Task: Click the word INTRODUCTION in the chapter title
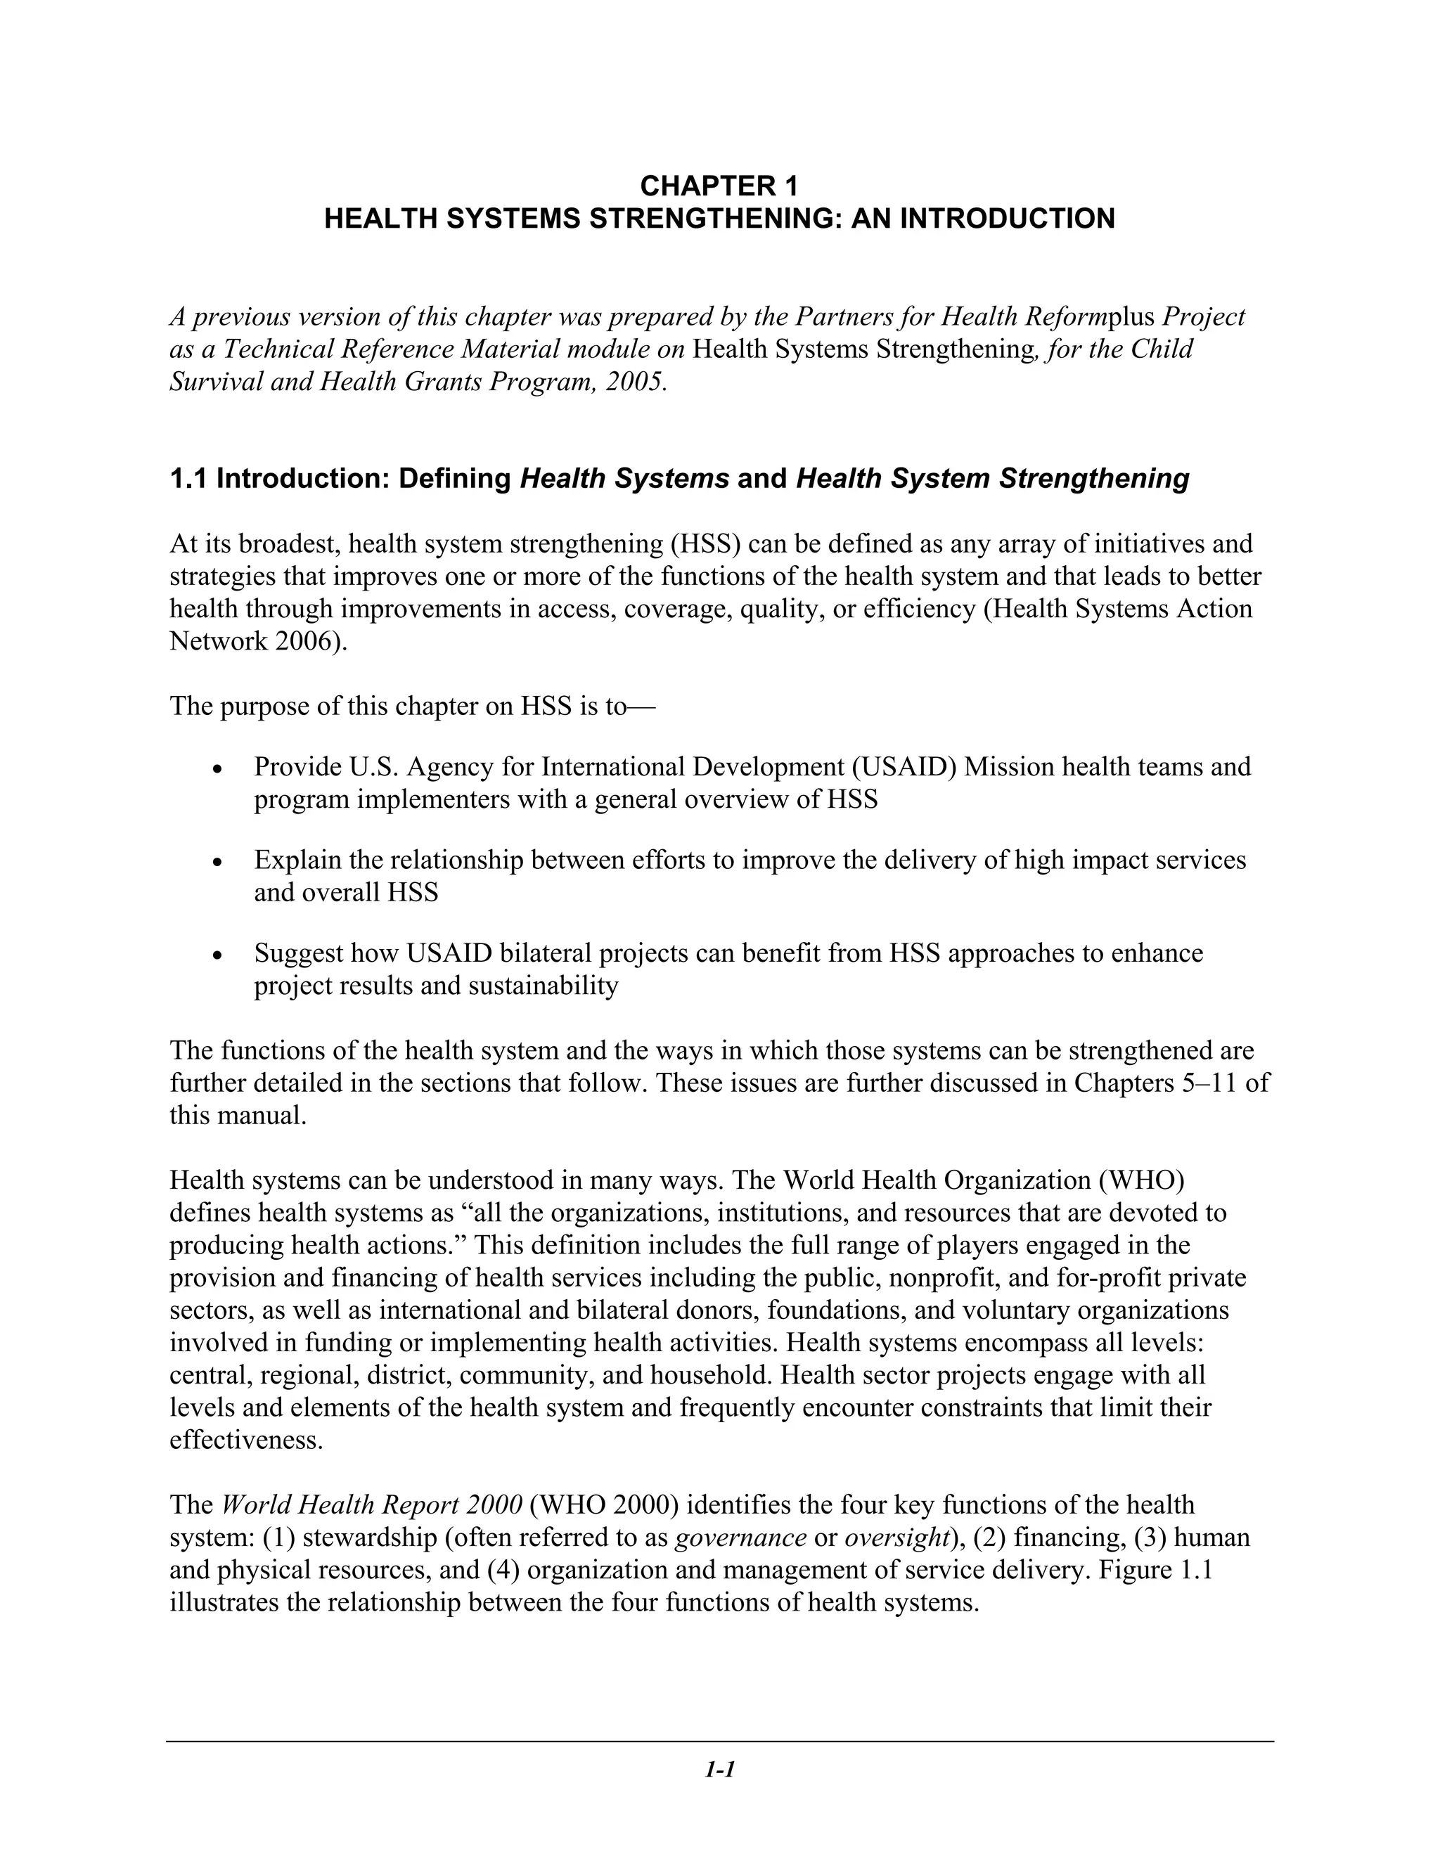[x=1008, y=219]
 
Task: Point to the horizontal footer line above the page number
[x=719, y=1741]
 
